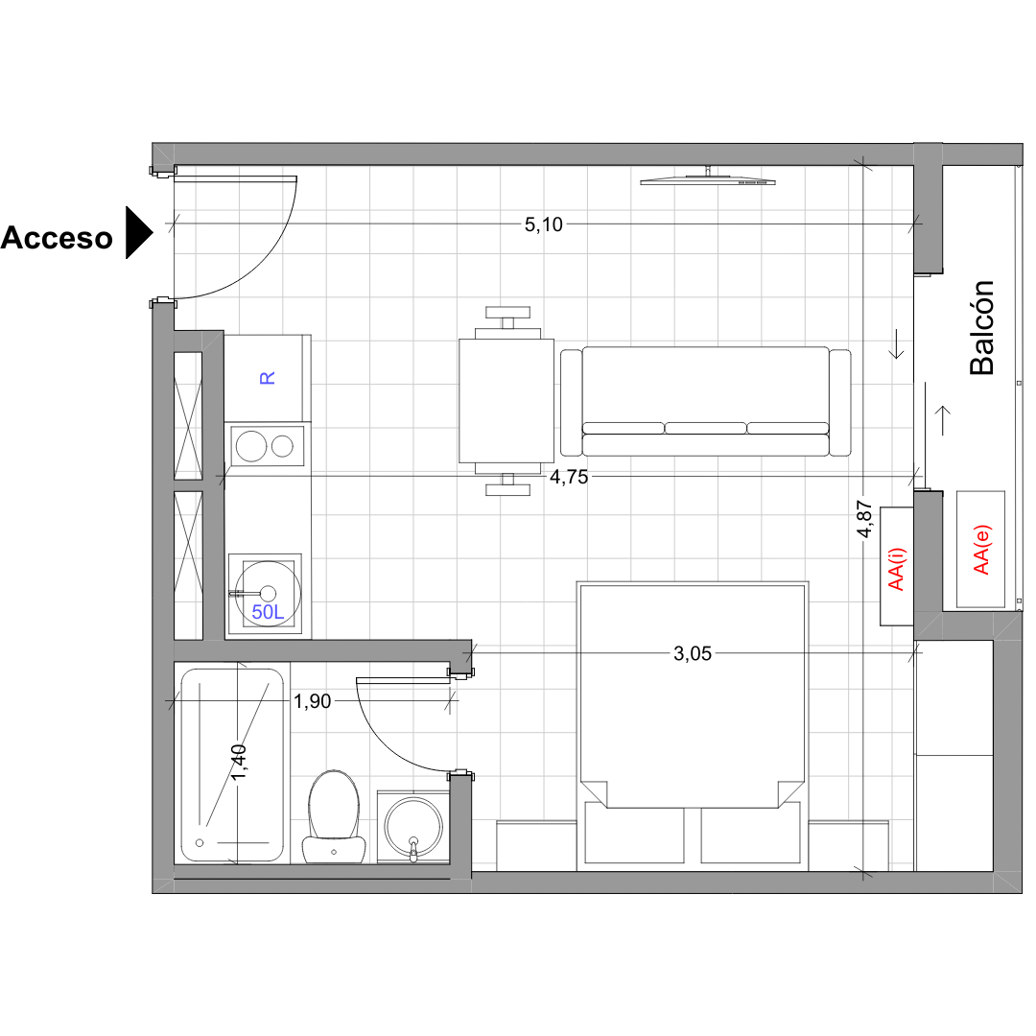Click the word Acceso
tap(57, 238)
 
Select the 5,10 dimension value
tap(543, 224)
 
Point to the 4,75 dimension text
tap(569, 477)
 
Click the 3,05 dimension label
tap(693, 654)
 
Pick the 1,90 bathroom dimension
tap(312, 701)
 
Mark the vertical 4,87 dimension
tap(864, 519)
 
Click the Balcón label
tap(981, 328)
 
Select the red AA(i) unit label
tap(896, 569)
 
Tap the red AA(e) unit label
tap(981, 550)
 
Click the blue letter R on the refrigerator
tap(267, 378)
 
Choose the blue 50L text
tap(268, 612)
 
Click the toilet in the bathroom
tap(334, 816)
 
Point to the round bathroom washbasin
tap(413, 826)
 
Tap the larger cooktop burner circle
tap(251, 446)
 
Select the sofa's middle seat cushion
tap(706, 428)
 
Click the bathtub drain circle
tap(200, 843)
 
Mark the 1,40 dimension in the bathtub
tap(239, 761)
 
